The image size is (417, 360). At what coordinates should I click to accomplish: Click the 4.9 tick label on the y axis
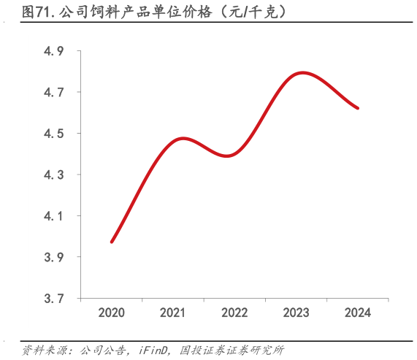tap(54, 52)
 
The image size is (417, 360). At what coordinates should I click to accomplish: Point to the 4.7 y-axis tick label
tap(54, 93)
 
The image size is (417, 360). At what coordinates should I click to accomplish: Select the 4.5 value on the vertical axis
tap(54, 134)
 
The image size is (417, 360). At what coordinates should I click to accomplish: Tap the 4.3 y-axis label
tap(54, 175)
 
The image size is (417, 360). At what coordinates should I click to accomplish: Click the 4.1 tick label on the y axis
tap(54, 217)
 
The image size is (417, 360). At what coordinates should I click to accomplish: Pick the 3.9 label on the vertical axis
tap(54, 258)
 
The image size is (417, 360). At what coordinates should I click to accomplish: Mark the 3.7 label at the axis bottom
tap(54, 299)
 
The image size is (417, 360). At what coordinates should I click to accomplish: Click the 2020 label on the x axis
tap(112, 313)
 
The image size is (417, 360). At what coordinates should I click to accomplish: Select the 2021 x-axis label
tap(173, 313)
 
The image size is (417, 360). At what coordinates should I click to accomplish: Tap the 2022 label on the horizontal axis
tap(234, 313)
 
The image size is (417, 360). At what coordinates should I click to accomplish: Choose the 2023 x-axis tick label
tap(296, 313)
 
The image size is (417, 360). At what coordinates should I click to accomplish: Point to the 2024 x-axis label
tap(357, 313)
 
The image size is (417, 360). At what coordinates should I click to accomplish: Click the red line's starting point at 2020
tap(112, 242)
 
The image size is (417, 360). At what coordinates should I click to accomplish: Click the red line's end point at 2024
tap(358, 108)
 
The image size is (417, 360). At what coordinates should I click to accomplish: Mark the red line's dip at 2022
tap(230, 156)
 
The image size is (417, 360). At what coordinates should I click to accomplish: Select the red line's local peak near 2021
tap(183, 138)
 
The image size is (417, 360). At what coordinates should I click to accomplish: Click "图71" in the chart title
tap(34, 12)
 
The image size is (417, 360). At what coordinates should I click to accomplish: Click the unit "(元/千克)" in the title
tap(248, 12)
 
